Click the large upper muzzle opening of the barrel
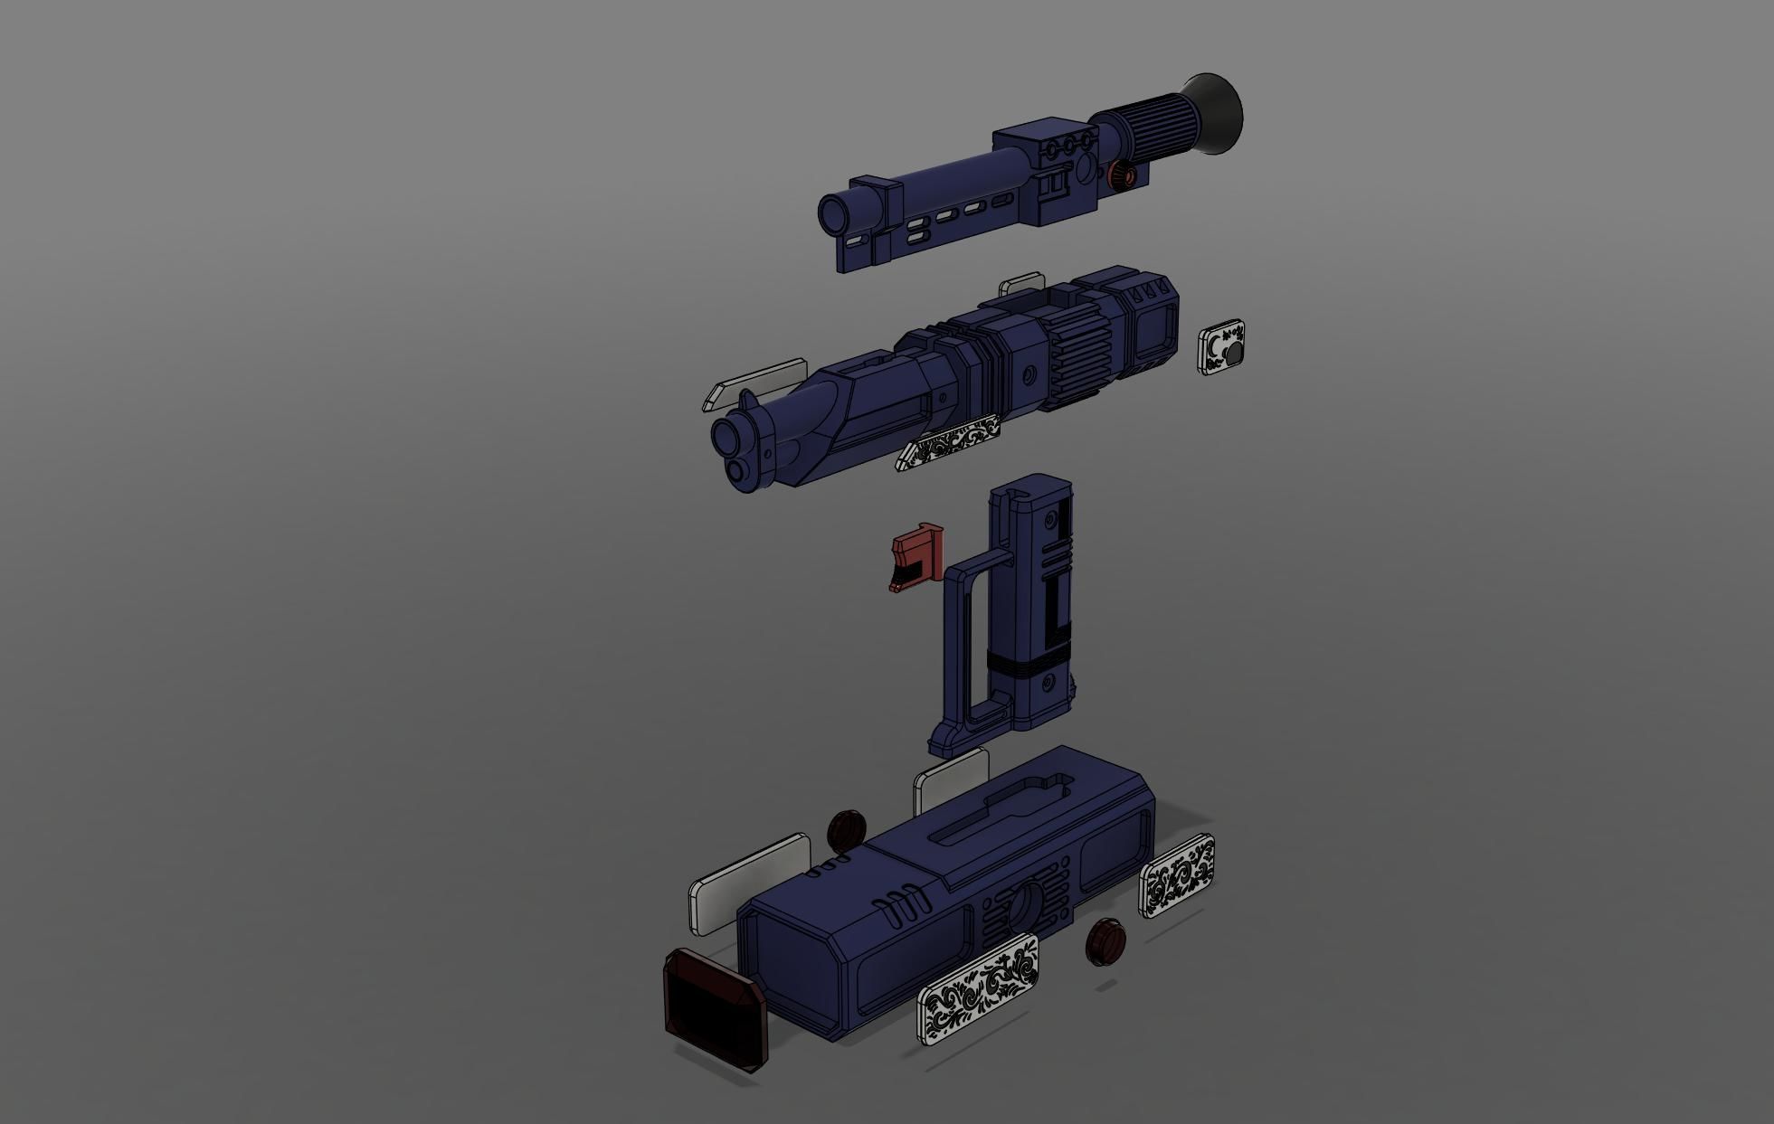(728, 436)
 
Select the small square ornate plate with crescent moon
(1222, 346)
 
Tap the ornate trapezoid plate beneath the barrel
(948, 441)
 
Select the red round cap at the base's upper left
(847, 828)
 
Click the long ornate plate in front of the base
(978, 987)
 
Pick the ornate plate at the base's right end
(1176, 874)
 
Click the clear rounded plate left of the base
(749, 882)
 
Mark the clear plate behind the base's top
(950, 779)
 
